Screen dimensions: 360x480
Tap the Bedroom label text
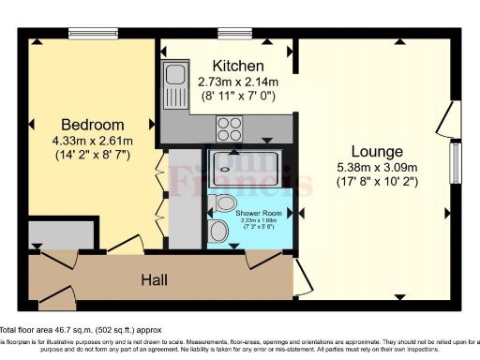[93, 125]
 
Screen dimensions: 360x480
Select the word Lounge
[377, 151]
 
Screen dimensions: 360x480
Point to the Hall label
[155, 279]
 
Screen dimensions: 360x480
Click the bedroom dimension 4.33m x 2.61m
[93, 142]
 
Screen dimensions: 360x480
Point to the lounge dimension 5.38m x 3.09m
[377, 168]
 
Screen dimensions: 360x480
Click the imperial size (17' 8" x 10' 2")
[377, 184]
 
